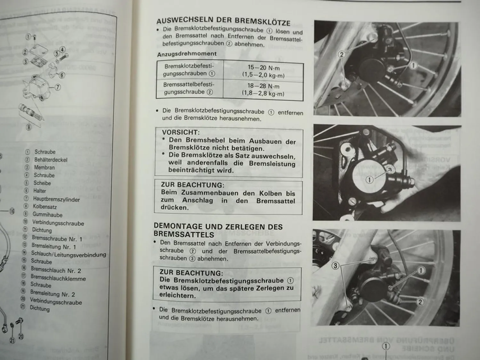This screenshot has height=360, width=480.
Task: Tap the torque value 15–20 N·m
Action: (x=263, y=68)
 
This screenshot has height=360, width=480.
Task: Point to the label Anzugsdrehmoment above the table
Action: (x=187, y=54)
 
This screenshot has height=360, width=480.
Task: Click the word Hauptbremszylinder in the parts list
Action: (x=56, y=199)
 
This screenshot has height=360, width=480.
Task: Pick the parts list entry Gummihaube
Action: (x=47, y=215)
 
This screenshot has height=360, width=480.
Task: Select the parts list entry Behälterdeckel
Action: (x=51, y=160)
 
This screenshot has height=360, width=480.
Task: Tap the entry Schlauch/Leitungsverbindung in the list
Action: (x=68, y=254)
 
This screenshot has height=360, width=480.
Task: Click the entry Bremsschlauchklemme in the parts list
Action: (x=58, y=278)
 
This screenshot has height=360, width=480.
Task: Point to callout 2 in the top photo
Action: (x=341, y=54)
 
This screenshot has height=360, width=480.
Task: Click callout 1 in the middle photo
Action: (x=370, y=180)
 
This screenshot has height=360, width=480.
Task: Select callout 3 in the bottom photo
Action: (x=335, y=266)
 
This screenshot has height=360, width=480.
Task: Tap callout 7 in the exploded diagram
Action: (x=57, y=87)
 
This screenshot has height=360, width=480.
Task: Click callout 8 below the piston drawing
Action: (x=29, y=127)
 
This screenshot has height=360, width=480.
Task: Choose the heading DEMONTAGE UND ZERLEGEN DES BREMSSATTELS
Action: (x=218, y=230)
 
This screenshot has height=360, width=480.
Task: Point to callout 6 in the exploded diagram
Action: (x=62, y=75)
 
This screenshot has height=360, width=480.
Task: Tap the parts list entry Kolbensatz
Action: (x=44, y=207)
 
